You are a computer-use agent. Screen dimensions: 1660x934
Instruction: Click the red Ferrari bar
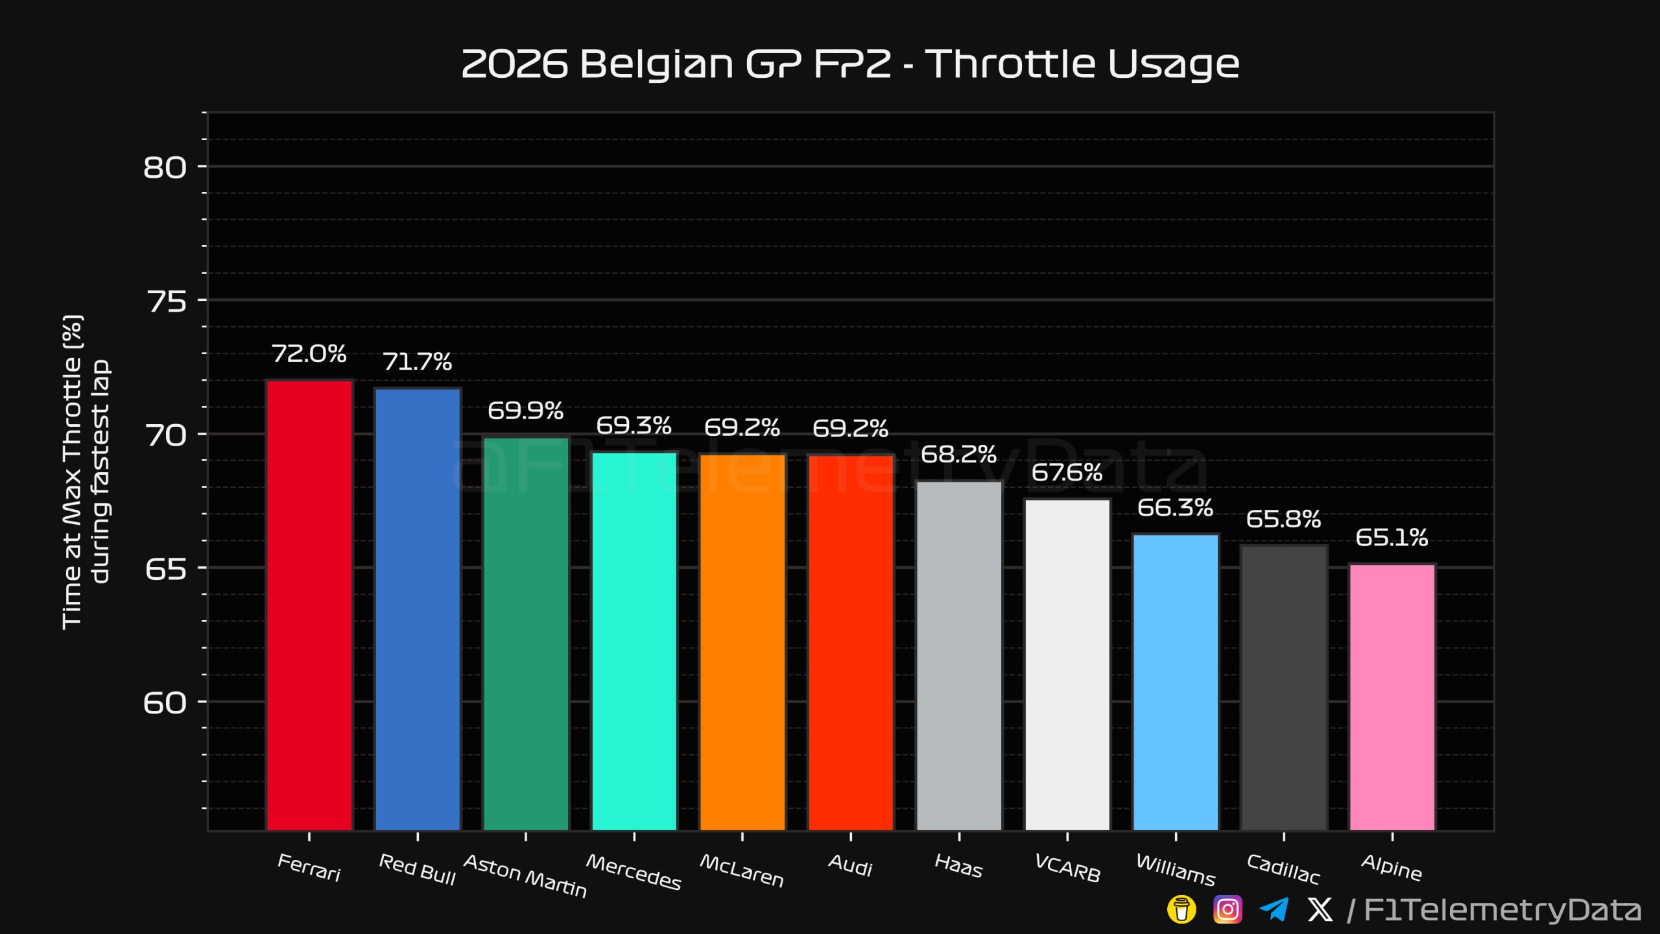click(309, 605)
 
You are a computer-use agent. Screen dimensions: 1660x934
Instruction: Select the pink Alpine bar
click(1392, 697)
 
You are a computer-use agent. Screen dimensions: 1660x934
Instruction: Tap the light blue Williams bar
click(1176, 682)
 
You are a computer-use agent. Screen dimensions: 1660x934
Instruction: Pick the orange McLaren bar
click(742, 642)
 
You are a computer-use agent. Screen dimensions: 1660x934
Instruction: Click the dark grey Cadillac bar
click(1284, 688)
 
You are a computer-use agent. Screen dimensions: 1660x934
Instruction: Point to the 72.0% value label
click(309, 353)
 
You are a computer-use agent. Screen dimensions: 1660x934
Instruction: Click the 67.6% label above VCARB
click(1067, 472)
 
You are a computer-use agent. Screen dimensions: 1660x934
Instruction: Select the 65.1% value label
click(1392, 537)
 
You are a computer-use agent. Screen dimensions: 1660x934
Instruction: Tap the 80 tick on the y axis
click(165, 167)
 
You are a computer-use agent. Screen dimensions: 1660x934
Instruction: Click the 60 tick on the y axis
click(165, 702)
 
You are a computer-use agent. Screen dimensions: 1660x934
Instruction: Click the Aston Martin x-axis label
click(525, 876)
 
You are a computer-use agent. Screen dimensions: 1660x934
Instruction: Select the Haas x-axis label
click(958, 866)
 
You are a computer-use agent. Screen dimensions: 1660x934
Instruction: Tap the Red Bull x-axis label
click(417, 869)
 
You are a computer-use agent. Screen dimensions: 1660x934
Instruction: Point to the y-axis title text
click(86, 472)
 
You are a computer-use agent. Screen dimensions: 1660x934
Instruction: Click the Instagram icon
click(1227, 909)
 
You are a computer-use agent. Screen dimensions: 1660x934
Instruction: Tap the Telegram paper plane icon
click(1274, 909)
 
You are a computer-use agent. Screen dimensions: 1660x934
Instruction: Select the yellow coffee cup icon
click(1181, 909)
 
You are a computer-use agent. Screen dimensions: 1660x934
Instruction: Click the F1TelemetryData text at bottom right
click(1502, 910)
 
